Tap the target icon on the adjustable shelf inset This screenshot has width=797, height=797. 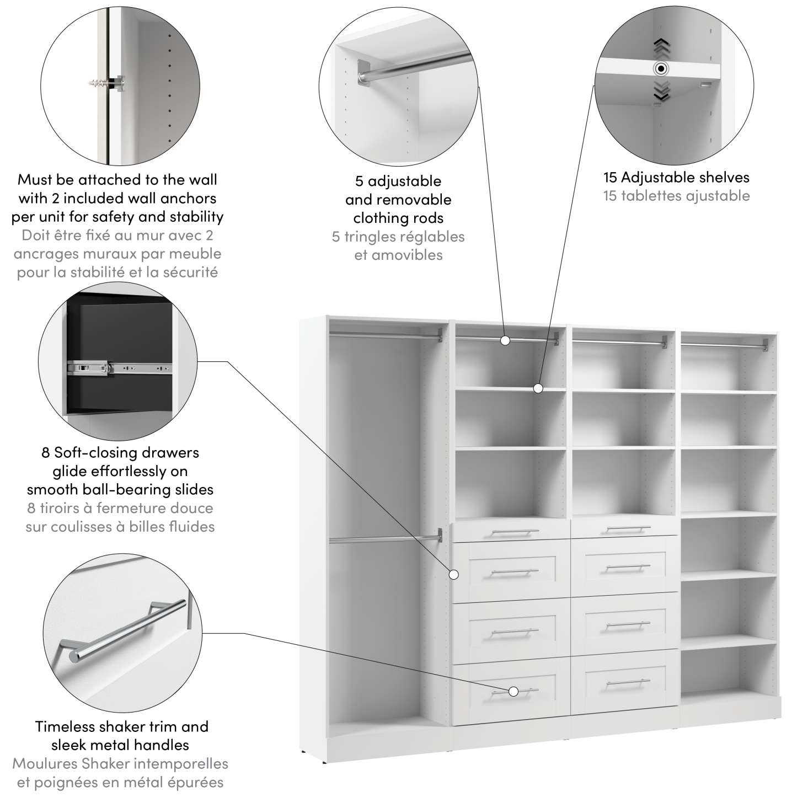tap(660, 69)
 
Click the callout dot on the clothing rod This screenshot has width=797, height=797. tap(505, 340)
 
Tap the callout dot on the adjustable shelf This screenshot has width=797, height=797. tap(538, 388)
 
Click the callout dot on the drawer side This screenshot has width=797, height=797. tap(454, 575)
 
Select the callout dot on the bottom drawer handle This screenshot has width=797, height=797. tap(513, 691)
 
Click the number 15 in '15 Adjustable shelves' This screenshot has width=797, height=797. tap(610, 178)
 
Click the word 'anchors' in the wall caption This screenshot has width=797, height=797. tap(189, 198)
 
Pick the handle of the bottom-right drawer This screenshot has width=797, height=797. tap(627, 683)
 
